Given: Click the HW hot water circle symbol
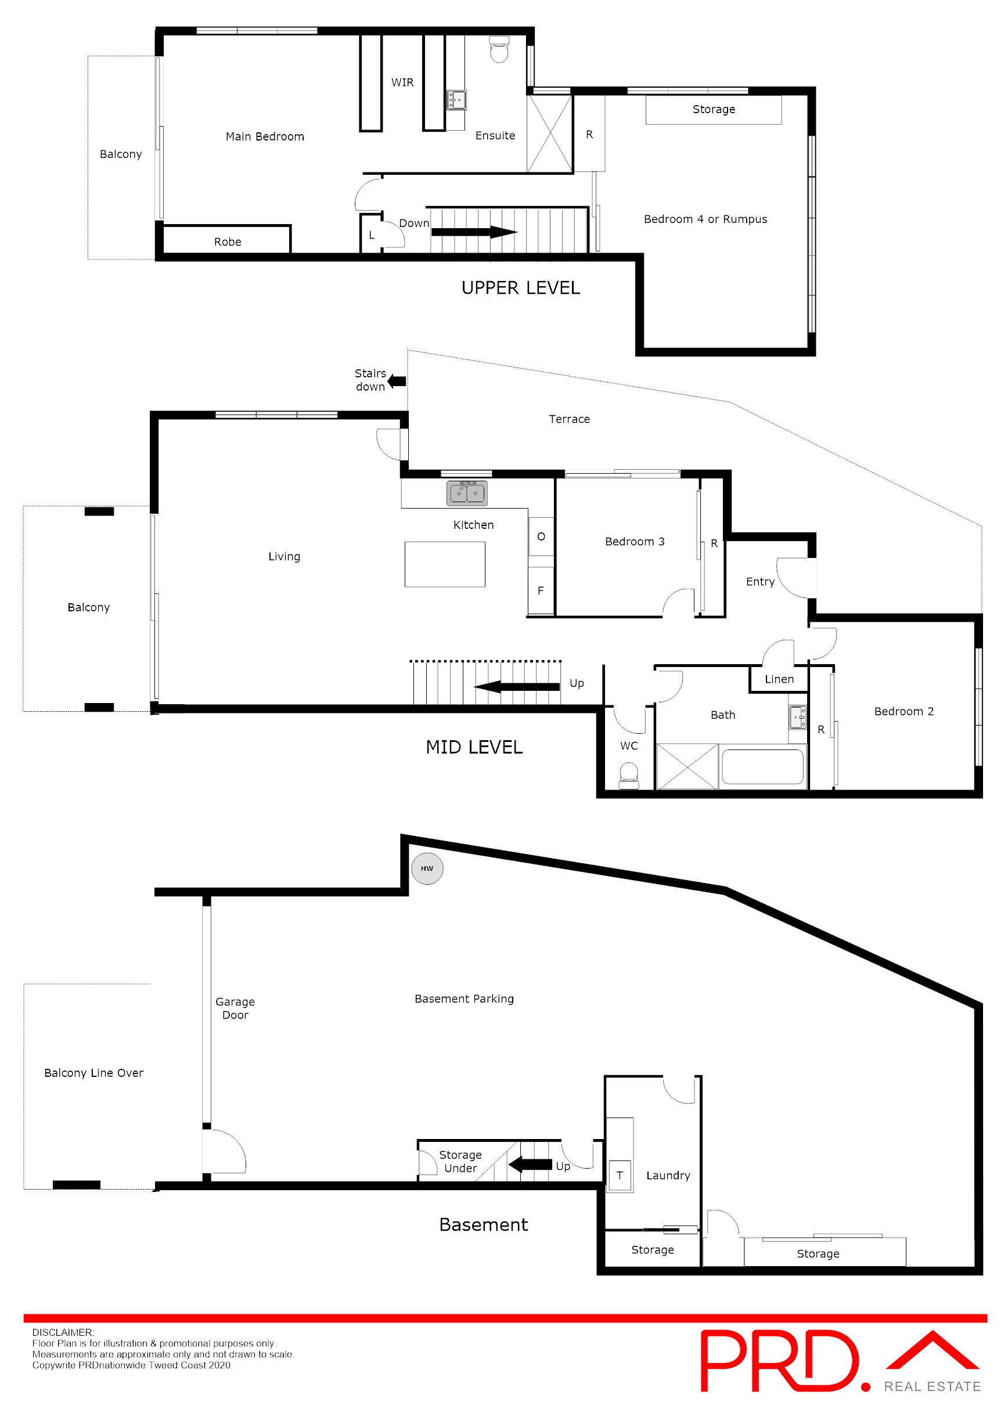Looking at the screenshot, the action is point(427,868).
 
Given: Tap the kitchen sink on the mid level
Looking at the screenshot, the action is point(467,493).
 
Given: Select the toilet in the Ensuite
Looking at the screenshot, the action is point(499,49).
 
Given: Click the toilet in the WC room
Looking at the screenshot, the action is point(629,775).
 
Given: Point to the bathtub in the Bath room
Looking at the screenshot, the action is point(762,766).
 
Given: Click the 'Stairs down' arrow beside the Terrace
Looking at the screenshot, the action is point(397,381).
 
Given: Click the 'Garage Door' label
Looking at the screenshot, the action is point(235,1008).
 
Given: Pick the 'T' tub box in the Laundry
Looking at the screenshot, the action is point(620,1175).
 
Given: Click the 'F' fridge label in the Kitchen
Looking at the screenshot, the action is point(541,591).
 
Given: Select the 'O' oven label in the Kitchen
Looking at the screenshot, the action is point(541,536).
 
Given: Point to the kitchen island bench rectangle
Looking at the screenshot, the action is point(445,564).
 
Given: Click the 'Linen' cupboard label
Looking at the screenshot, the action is point(779,679).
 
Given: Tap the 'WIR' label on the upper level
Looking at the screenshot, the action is point(402,82).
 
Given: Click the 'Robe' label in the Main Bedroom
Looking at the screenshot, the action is point(228,242).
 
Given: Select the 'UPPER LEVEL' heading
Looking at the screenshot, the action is point(521,288).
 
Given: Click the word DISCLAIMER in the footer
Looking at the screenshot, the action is point(63,1332).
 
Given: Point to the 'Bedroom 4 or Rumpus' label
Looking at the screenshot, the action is point(705,219).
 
